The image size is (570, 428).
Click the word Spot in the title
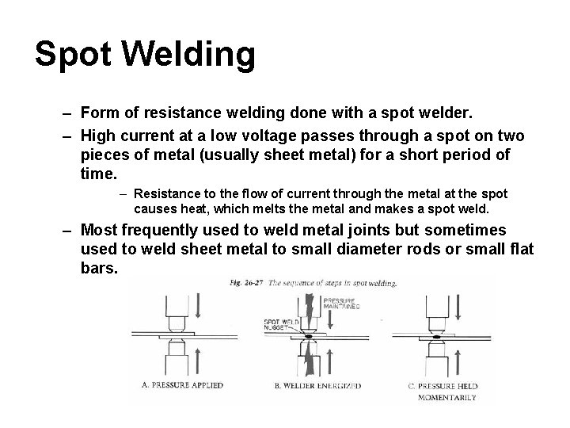click(x=75, y=54)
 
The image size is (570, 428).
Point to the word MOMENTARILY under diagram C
click(x=447, y=396)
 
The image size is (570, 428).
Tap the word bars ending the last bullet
click(x=98, y=269)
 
